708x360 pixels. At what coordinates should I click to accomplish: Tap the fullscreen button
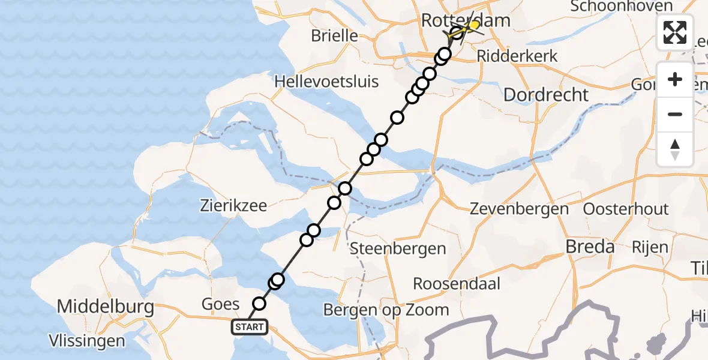[x=675, y=32]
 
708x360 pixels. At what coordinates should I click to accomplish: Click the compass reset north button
[x=675, y=149]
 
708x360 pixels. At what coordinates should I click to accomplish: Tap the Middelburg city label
[x=105, y=308]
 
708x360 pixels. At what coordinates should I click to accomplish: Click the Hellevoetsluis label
[x=326, y=81]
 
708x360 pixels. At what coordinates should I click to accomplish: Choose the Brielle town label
[x=334, y=36]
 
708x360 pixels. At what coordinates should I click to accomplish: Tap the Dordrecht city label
[x=546, y=95]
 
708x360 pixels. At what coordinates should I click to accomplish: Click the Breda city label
[x=591, y=247]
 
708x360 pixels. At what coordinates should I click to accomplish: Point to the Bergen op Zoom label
[x=386, y=310]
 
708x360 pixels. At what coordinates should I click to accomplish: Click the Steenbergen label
[x=398, y=248]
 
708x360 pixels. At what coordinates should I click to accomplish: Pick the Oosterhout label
[x=626, y=209]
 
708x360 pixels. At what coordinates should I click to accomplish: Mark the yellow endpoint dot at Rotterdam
[x=474, y=25]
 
